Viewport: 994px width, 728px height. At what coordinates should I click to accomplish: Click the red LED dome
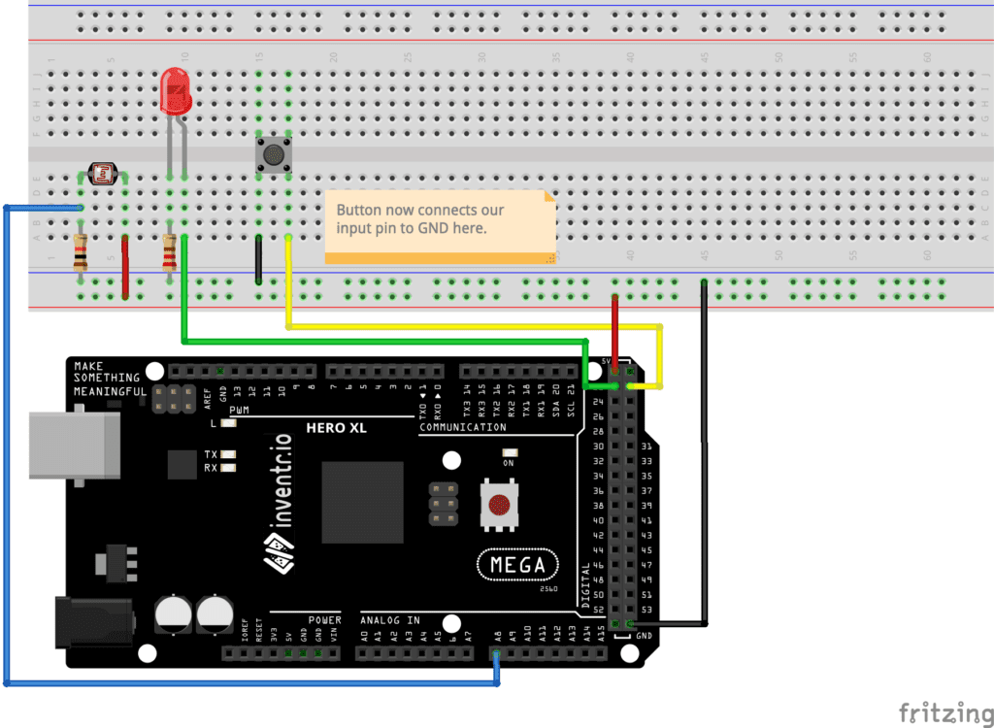175,91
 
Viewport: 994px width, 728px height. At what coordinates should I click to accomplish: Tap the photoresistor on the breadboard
101,175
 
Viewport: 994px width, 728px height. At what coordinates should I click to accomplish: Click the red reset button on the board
499,505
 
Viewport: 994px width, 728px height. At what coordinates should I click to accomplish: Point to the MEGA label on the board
518,564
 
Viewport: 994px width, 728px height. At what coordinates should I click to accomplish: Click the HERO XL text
335,428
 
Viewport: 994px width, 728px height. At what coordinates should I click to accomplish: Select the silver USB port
74,446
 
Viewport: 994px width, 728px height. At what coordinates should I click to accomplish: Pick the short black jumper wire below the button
258,259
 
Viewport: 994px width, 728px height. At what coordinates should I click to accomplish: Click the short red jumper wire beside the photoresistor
125,264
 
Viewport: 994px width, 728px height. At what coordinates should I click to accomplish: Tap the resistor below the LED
170,254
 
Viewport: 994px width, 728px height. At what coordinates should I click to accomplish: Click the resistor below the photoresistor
81,254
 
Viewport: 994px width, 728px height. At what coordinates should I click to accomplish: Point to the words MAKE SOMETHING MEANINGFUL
107,379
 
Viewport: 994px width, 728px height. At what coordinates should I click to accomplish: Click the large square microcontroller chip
362,502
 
